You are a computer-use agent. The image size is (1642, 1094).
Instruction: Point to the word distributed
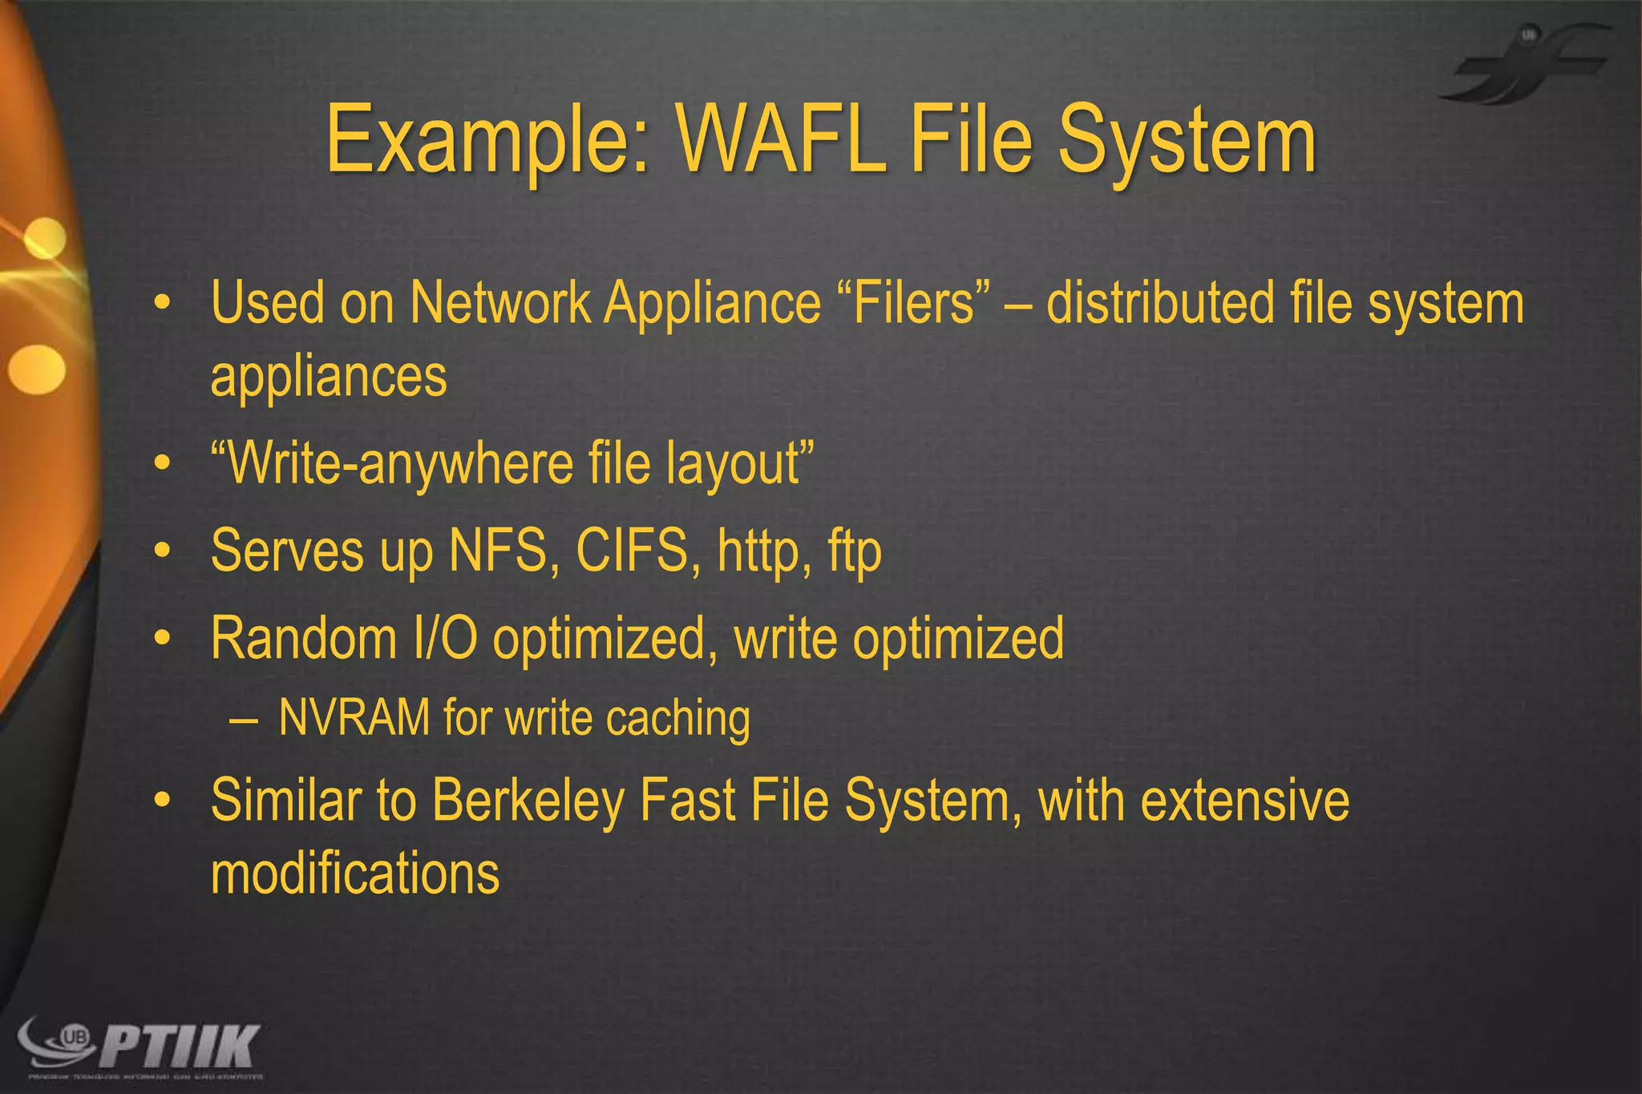point(1160,304)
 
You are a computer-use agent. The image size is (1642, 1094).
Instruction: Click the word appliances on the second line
point(329,377)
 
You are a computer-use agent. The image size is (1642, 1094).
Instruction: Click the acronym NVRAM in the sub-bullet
point(354,717)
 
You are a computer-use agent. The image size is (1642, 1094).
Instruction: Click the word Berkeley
point(528,801)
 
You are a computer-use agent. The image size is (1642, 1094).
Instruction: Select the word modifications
point(355,874)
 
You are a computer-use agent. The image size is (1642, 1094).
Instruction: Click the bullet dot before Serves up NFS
point(163,551)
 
